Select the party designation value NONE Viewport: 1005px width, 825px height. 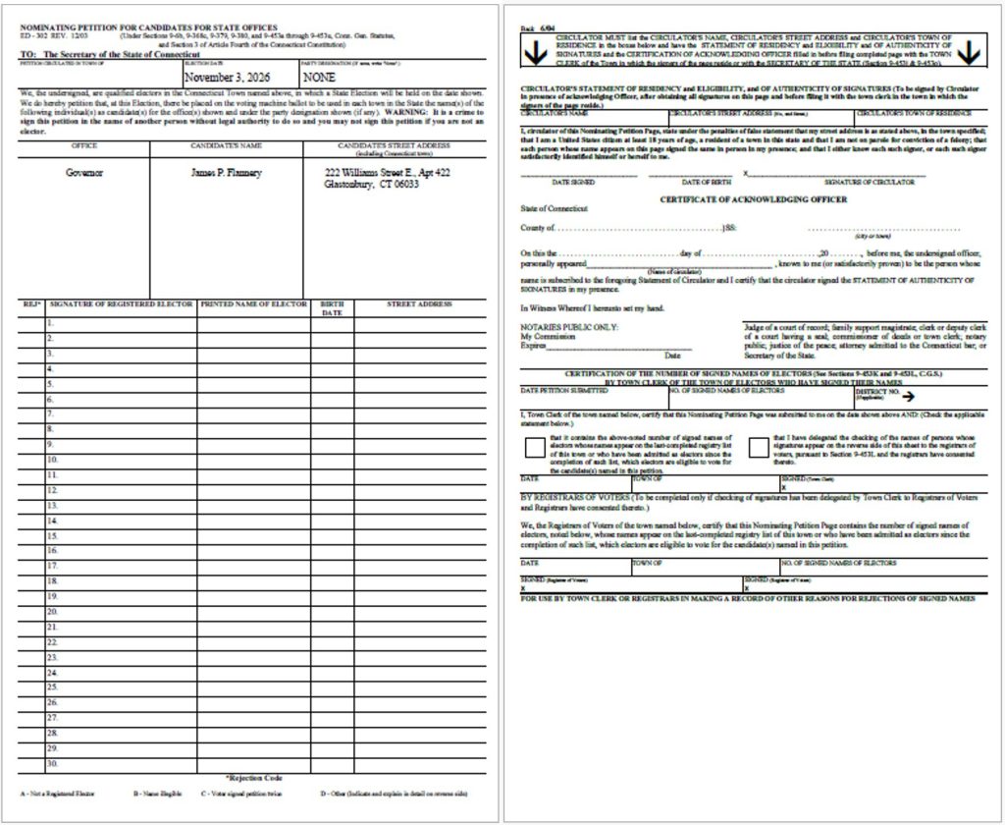click(x=320, y=77)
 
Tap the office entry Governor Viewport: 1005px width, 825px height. click(x=84, y=172)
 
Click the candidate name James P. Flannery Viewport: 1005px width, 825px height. click(x=227, y=172)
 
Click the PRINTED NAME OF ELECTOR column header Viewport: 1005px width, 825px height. click(x=254, y=304)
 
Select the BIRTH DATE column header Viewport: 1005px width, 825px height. click(x=333, y=308)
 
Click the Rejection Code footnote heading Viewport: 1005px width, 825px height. click(x=253, y=778)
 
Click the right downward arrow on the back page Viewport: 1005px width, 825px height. click(x=968, y=54)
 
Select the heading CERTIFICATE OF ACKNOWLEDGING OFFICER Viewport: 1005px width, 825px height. click(x=755, y=198)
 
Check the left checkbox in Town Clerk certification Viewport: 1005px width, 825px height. click(x=536, y=448)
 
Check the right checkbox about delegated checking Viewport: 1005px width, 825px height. click(x=758, y=448)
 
